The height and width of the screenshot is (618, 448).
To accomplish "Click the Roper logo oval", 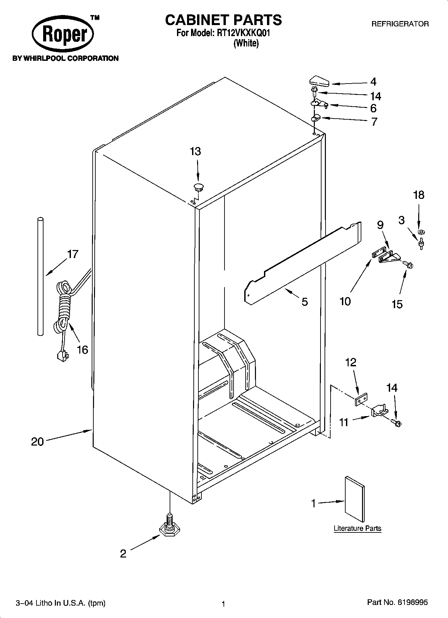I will [x=63, y=34].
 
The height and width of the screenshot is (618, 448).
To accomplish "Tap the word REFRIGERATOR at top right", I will [x=400, y=24].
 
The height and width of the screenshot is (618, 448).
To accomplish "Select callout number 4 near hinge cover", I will [x=373, y=82].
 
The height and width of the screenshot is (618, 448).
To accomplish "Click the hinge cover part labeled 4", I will [x=319, y=81].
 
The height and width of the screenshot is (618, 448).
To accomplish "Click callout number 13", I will [x=195, y=151].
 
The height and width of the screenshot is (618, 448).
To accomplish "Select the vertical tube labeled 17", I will [x=40, y=276].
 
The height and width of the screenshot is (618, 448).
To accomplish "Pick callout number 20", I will [x=37, y=442].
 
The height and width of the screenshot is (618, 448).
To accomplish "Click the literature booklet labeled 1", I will [x=355, y=499].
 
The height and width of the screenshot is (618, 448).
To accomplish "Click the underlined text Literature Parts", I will [x=357, y=528].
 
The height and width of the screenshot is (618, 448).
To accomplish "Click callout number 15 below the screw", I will [x=397, y=304].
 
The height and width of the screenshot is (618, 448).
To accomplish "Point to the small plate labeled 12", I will [x=361, y=399].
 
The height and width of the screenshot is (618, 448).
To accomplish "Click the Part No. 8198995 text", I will [x=397, y=603].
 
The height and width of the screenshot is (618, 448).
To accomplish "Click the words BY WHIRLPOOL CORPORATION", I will [x=65, y=58].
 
